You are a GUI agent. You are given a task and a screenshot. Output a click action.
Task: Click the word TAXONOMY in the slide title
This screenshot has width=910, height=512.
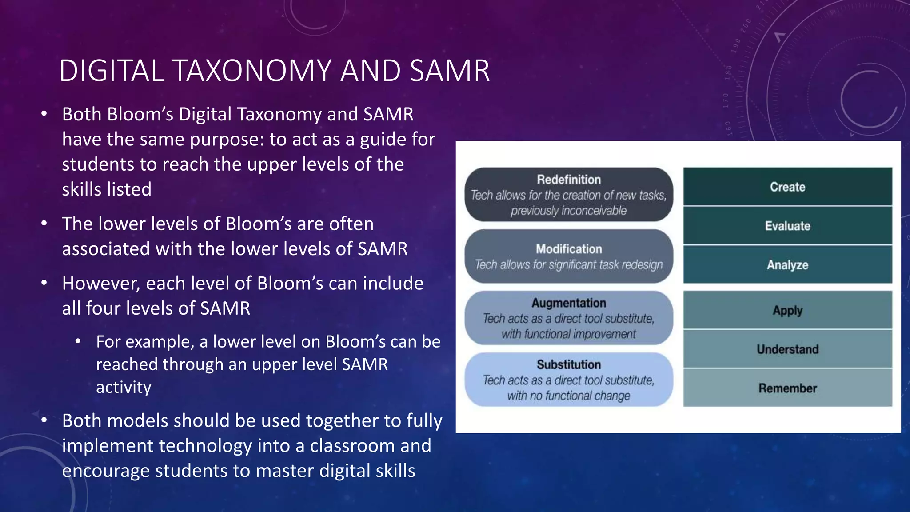(251, 71)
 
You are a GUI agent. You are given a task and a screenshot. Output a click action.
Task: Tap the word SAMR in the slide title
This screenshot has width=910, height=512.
(450, 71)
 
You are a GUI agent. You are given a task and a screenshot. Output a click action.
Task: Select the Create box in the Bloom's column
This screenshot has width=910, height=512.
(787, 187)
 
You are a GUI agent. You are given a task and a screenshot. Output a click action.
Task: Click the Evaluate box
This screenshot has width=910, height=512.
(787, 226)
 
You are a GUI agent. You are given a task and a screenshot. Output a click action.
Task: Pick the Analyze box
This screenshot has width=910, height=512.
(787, 265)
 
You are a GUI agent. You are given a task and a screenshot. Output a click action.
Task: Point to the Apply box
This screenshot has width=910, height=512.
(787, 310)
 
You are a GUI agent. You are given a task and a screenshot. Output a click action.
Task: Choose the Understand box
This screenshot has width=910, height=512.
(787, 349)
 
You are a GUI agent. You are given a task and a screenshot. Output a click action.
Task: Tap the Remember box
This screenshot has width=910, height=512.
(787, 388)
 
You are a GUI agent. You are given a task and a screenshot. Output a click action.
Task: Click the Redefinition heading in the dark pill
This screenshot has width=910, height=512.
(569, 180)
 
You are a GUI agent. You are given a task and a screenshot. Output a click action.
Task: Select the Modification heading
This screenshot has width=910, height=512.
(569, 249)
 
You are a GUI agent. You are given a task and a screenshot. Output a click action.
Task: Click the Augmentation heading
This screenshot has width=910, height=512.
(569, 303)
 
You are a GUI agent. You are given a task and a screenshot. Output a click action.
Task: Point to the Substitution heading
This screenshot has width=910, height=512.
(569, 364)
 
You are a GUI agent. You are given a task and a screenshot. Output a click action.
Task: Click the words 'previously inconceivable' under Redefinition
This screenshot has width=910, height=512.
(569, 211)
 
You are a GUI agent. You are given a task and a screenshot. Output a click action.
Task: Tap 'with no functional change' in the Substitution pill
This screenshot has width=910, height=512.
(569, 396)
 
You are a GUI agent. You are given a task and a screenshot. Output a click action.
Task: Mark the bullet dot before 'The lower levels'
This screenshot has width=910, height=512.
(44, 224)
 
